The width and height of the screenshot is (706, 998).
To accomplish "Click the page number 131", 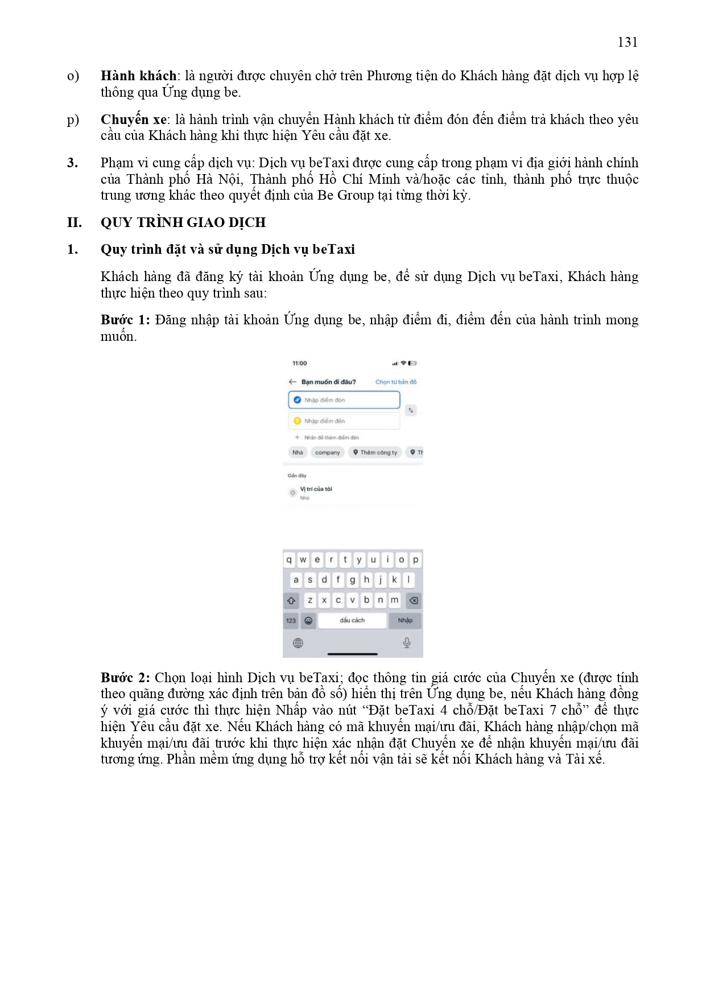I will (x=627, y=42).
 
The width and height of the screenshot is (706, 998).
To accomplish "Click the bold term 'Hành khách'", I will (x=138, y=76).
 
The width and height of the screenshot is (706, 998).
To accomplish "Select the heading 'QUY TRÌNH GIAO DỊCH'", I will (x=183, y=222).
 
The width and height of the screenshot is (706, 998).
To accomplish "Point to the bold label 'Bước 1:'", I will (x=125, y=320).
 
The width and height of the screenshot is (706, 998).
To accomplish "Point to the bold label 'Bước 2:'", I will (x=125, y=678).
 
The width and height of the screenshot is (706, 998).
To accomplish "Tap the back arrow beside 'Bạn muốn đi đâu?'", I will (x=292, y=382).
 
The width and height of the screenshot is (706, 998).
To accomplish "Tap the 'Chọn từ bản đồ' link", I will (x=395, y=382).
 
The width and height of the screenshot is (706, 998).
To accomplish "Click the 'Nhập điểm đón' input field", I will (x=344, y=400).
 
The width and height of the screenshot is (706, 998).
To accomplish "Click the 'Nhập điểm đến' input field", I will (x=344, y=421).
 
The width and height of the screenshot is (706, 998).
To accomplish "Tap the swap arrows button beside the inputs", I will (x=411, y=410).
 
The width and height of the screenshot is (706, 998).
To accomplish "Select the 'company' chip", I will (x=327, y=452).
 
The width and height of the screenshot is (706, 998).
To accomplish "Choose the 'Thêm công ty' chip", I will (x=375, y=452).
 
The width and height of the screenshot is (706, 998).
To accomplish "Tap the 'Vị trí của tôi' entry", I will (x=316, y=489).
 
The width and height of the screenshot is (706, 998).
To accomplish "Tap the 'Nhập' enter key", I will (x=405, y=620).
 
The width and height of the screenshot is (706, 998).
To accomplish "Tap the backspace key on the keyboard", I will (x=414, y=600).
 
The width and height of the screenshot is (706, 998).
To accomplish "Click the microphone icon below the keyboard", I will (x=407, y=643).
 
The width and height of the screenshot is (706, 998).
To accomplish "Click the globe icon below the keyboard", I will (x=298, y=643).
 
